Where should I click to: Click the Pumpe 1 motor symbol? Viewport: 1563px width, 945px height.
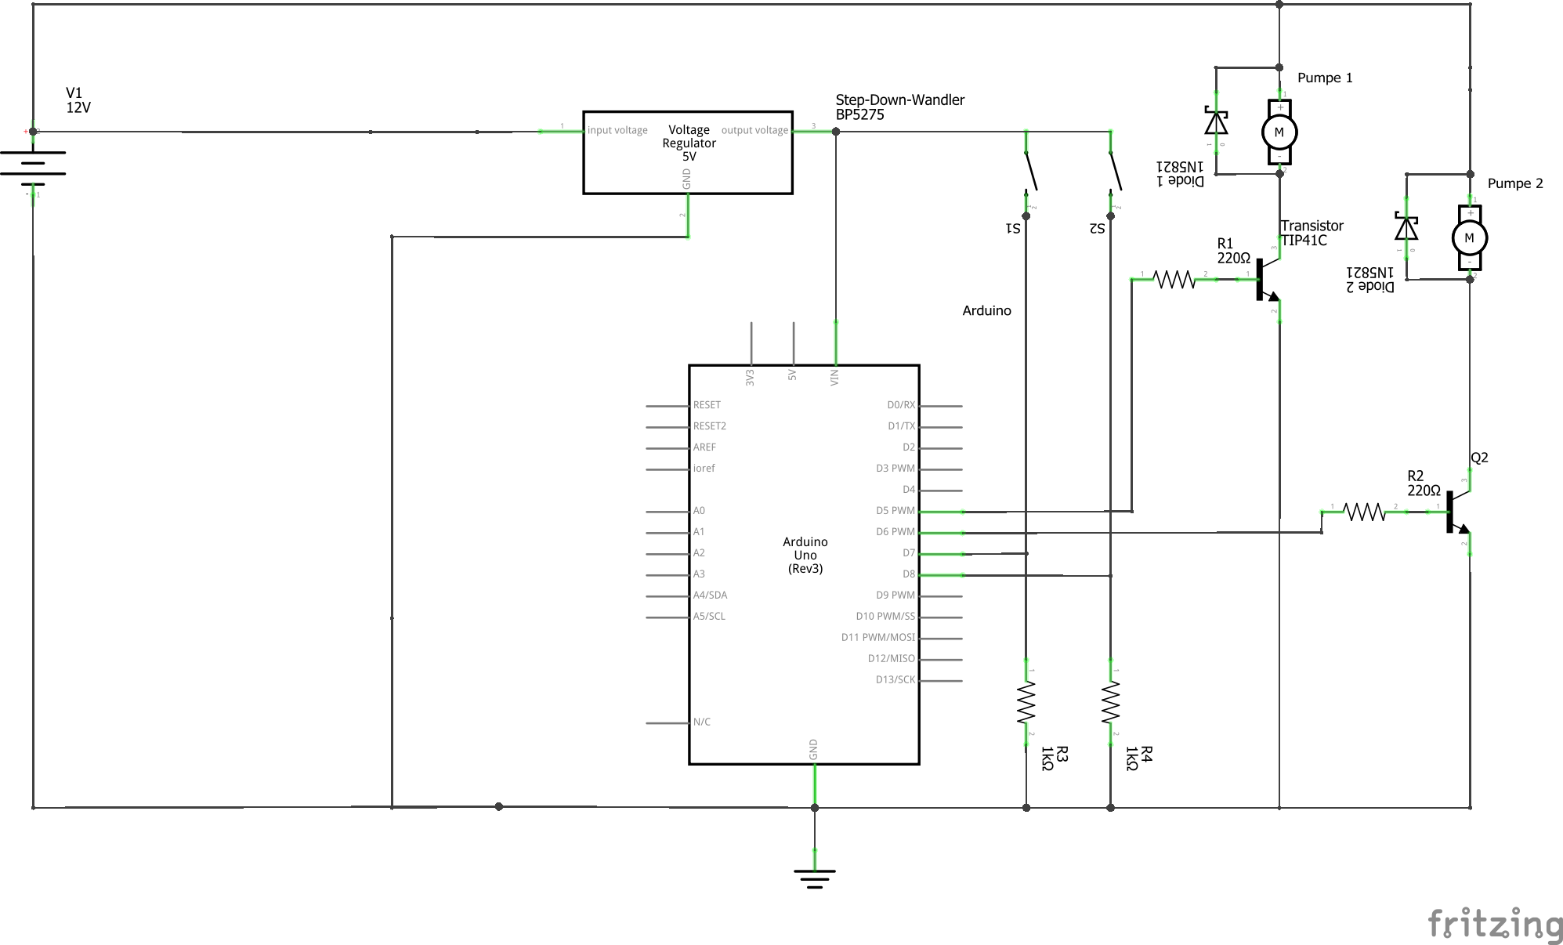point(1279,132)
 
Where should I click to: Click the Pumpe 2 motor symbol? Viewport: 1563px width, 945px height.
point(1469,238)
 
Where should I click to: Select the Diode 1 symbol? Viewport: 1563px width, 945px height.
point(1216,122)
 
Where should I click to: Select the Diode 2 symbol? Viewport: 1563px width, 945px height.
point(1406,228)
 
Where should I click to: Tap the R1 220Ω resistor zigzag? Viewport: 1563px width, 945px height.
point(1174,279)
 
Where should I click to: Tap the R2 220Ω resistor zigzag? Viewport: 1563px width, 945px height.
point(1364,512)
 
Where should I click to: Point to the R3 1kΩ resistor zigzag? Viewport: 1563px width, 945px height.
point(1026,702)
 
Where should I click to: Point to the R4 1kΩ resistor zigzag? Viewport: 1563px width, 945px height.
point(1110,702)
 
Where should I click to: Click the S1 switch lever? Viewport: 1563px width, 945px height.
point(1032,172)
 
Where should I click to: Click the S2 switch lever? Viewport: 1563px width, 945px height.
point(1116,172)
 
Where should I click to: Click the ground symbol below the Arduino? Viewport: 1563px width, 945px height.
point(815,877)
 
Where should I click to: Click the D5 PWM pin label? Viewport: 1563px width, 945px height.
point(895,511)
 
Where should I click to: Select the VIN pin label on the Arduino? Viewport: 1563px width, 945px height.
point(834,377)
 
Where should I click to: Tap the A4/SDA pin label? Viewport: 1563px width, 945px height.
point(710,596)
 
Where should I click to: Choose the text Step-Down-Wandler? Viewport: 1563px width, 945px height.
point(899,100)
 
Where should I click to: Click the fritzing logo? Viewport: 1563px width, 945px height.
point(1495,924)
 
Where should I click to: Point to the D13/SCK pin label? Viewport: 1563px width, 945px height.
point(895,680)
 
